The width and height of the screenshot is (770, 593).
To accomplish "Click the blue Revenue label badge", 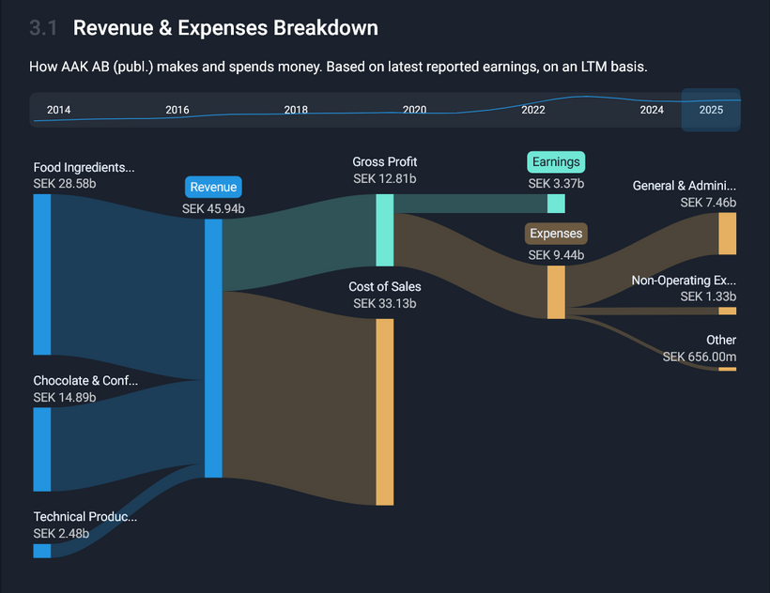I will [x=213, y=187].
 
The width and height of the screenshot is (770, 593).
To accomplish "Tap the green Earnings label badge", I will [x=556, y=162].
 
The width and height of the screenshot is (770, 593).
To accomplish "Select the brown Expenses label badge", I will [x=556, y=234].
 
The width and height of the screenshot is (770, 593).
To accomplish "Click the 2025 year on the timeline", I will [x=711, y=110].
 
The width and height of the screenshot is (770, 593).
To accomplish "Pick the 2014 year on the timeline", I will [x=58, y=110].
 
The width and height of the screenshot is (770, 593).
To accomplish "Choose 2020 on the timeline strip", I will [x=414, y=110].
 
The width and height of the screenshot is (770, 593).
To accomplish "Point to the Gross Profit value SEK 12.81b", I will [x=385, y=178].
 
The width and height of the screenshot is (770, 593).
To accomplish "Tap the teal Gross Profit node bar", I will [x=385, y=230].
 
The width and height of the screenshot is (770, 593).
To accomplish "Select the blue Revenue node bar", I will [x=213, y=348].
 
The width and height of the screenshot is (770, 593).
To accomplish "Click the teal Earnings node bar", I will [x=556, y=204].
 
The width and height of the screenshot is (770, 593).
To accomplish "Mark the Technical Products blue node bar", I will [x=42, y=550].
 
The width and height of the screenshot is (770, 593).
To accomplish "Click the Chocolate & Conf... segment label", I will [x=85, y=381].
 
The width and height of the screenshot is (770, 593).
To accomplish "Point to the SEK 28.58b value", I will [x=65, y=183].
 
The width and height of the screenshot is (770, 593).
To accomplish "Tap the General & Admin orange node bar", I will [x=727, y=234].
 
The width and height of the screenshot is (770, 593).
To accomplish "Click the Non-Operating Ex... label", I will [x=684, y=281].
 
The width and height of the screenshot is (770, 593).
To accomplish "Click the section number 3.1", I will [x=43, y=28].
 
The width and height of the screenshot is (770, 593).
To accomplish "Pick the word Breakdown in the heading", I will [x=326, y=28].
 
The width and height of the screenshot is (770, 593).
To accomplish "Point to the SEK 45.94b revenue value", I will [x=213, y=209].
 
